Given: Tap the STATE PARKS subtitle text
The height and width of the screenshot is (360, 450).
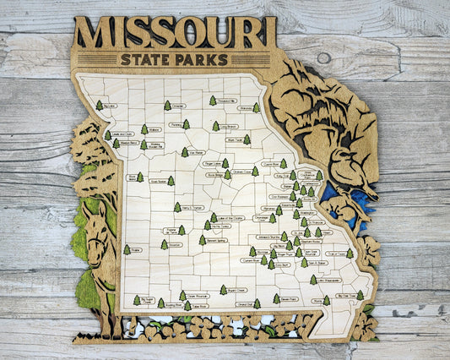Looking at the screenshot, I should click(174, 59).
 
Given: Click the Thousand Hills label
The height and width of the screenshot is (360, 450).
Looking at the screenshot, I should click(226, 101).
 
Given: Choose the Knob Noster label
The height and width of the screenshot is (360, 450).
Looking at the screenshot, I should click(157, 181).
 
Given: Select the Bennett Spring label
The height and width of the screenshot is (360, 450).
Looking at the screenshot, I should click(216, 239).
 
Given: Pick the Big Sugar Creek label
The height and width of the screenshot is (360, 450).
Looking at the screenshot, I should click(146, 300).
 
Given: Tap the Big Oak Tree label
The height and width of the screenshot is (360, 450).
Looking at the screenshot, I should click(345, 296).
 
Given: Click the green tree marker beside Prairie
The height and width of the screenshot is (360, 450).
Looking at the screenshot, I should click(127, 249).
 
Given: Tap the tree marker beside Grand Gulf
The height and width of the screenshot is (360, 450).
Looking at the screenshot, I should click(257, 303).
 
